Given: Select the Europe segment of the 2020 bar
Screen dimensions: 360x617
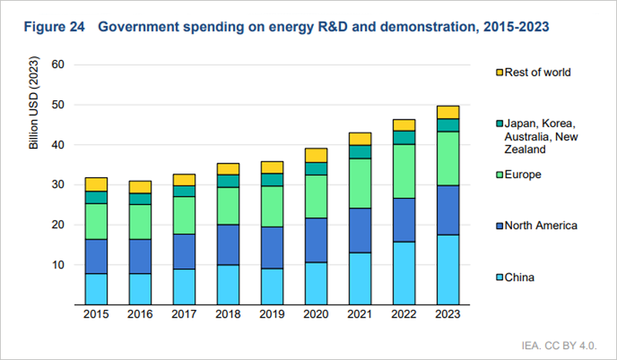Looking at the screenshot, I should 316,196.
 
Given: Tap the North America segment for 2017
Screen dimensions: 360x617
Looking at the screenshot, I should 184,251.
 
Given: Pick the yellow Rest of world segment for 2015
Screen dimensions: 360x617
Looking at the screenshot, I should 96,184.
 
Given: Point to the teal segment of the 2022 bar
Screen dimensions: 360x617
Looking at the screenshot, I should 404,137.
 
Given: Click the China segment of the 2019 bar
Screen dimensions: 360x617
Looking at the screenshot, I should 272,286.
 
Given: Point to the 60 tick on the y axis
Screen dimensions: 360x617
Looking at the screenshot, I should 58,65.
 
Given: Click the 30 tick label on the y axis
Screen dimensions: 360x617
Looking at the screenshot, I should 58,185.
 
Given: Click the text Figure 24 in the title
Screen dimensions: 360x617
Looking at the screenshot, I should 53,27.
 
